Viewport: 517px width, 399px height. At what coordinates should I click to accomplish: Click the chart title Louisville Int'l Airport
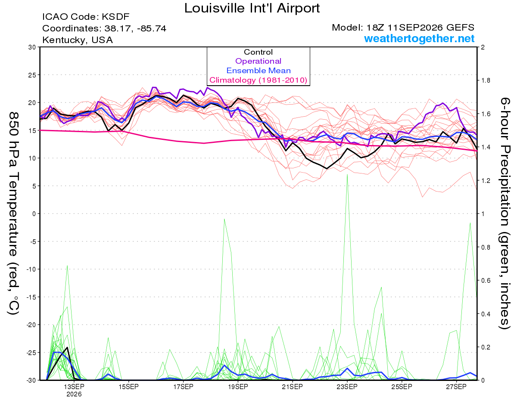point(252,8)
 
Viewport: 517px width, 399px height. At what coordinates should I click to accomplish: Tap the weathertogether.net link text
point(419,38)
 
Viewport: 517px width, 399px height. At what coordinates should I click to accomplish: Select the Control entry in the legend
point(258,52)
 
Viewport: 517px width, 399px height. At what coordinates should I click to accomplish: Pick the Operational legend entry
point(258,61)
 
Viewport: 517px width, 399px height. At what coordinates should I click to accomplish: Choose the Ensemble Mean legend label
point(258,71)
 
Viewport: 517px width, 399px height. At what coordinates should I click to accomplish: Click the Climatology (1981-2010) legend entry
point(258,80)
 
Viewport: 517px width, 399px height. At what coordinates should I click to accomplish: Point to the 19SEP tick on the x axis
point(238,387)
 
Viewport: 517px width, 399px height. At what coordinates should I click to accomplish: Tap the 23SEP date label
point(347,387)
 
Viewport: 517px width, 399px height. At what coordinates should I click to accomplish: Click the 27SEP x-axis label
point(456,387)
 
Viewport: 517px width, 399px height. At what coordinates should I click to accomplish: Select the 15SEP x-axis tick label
point(129,387)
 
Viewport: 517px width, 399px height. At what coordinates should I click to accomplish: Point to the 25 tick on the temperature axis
point(32,75)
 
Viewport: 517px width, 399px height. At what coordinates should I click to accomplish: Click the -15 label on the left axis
point(31,297)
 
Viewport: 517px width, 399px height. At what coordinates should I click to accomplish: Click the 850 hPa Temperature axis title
point(13,213)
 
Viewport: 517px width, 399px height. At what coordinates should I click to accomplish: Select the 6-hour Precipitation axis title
point(505,213)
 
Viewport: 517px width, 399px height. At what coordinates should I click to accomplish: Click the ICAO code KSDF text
point(86,17)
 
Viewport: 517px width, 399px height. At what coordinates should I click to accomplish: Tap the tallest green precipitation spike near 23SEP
point(347,175)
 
